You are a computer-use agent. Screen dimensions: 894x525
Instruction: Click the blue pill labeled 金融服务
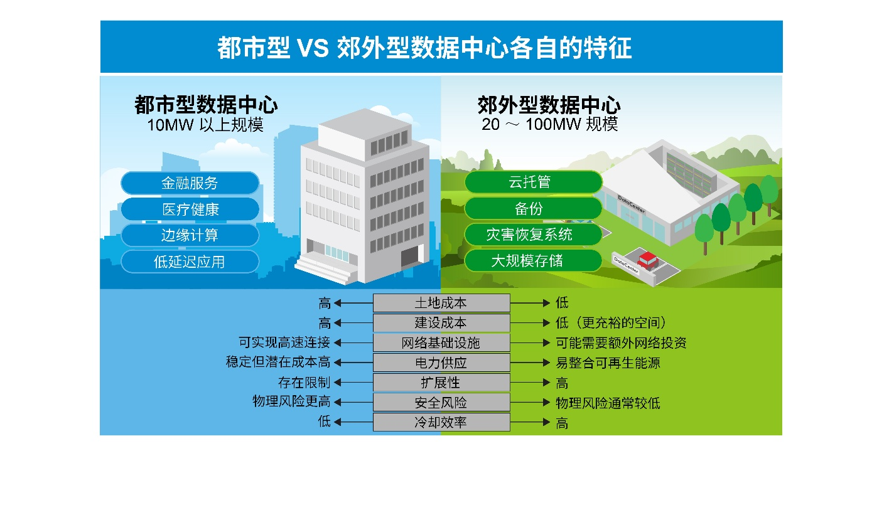click(x=190, y=183)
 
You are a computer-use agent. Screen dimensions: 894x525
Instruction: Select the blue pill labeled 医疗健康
click(x=190, y=209)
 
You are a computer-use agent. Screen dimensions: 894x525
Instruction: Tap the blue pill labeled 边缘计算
click(x=190, y=235)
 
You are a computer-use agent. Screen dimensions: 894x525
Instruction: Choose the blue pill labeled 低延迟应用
click(x=190, y=262)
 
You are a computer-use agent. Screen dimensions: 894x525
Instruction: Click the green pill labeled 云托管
click(x=533, y=182)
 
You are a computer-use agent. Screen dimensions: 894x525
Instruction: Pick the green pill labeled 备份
click(x=533, y=208)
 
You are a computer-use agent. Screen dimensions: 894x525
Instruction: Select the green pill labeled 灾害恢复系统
click(x=533, y=235)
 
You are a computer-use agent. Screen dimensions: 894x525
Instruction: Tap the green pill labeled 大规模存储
click(x=533, y=261)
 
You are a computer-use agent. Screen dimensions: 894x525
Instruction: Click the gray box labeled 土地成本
click(x=441, y=303)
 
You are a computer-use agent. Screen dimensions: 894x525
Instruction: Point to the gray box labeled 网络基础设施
click(x=441, y=343)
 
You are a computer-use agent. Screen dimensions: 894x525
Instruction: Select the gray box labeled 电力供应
click(x=441, y=363)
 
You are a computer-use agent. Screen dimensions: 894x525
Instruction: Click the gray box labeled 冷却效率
click(x=441, y=422)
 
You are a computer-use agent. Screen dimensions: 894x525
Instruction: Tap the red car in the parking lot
click(x=647, y=260)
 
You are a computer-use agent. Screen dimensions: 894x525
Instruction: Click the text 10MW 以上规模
click(x=205, y=125)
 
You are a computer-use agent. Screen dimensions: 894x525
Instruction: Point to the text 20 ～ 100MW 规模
click(x=549, y=124)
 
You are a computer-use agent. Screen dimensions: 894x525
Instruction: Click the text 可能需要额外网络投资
click(x=621, y=343)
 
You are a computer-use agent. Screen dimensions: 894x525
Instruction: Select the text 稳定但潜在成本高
click(x=278, y=362)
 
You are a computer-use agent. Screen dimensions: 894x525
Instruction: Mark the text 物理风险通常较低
click(x=608, y=403)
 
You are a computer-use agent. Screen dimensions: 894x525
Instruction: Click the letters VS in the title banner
click(x=313, y=48)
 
